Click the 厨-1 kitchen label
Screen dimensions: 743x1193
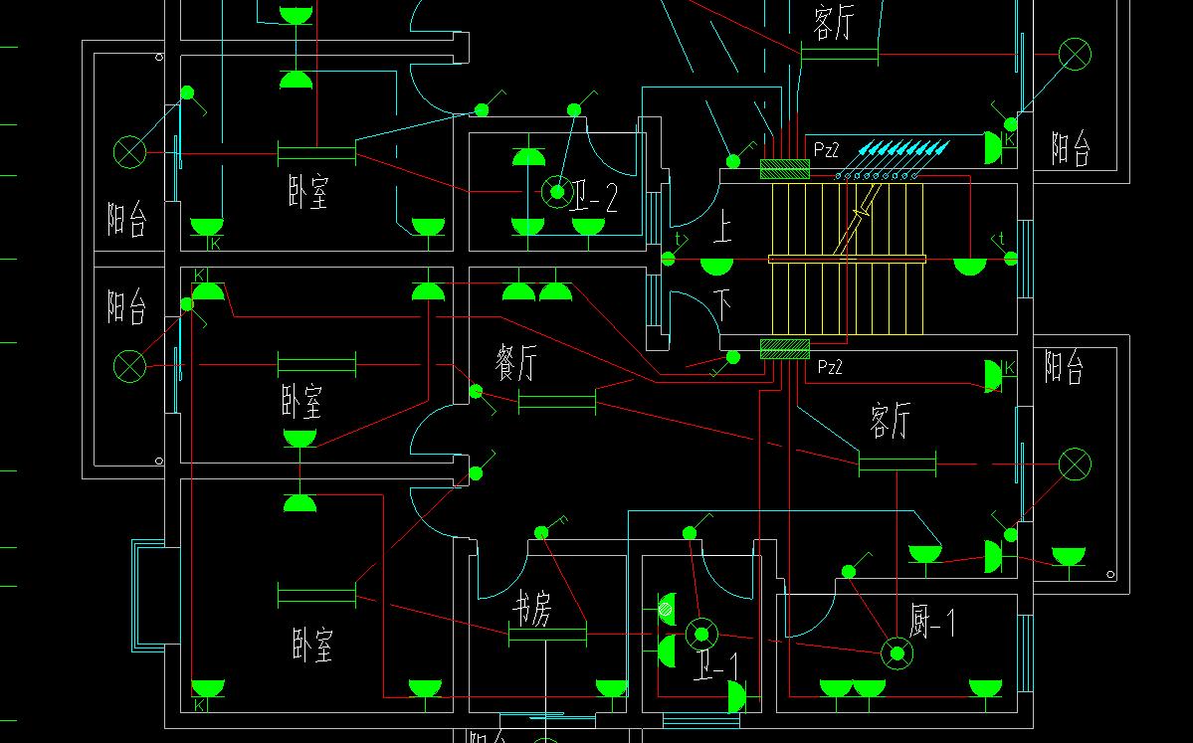click(x=932, y=624)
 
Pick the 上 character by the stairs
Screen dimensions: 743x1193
click(x=723, y=230)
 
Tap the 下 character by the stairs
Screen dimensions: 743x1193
click(x=723, y=302)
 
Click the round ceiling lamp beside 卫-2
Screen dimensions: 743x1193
click(x=552, y=191)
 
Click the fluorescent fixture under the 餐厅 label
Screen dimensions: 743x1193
click(x=557, y=402)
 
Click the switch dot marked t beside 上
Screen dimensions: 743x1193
click(x=668, y=260)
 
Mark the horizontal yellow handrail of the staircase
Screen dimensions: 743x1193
click(x=846, y=259)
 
